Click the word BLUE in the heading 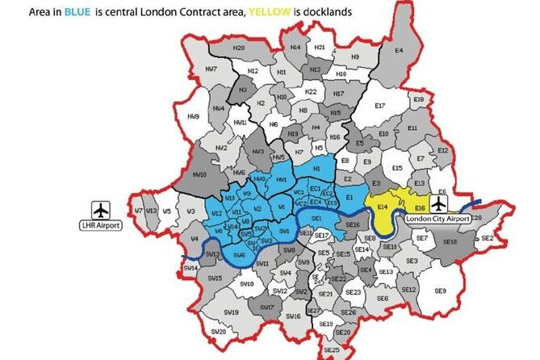point(81,13)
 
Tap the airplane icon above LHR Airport point(100,208)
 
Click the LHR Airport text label point(100,226)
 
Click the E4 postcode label point(398,50)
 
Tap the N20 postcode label point(239,48)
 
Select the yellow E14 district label point(383,207)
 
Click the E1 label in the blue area point(350,198)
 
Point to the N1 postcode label point(317,168)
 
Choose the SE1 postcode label point(316,219)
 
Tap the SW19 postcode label point(231,312)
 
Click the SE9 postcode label point(440,291)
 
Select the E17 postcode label point(380,106)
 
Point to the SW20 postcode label point(218,332)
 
